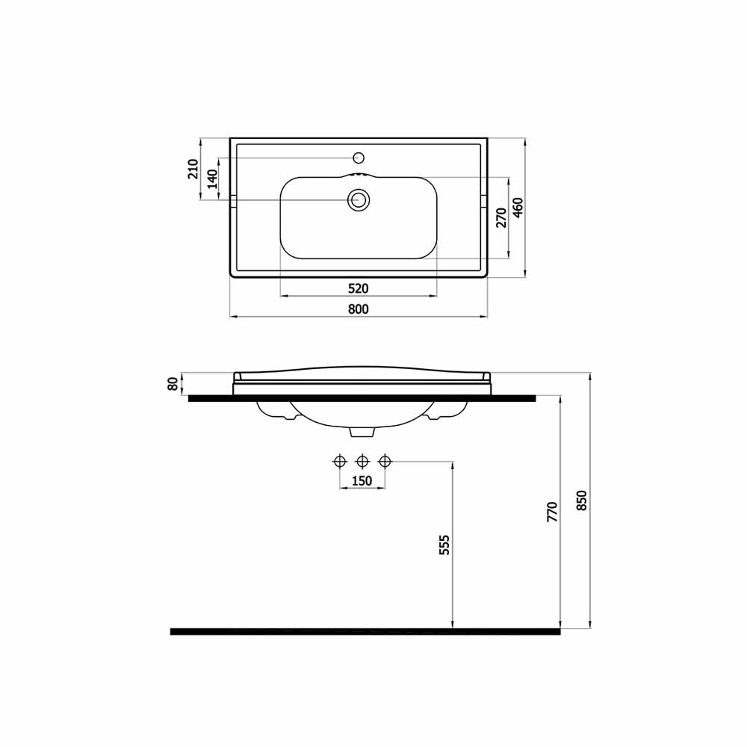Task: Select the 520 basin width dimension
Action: click(x=359, y=288)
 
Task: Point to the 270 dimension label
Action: click(x=501, y=217)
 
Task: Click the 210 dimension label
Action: click(x=193, y=169)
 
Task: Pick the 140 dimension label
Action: click(x=211, y=179)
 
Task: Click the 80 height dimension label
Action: click(x=173, y=384)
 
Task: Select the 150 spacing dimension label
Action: click(x=362, y=480)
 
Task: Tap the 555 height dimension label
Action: click(x=444, y=545)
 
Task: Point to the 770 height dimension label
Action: click(x=552, y=512)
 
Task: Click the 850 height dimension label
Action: click(x=583, y=500)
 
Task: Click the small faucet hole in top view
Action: click(x=359, y=158)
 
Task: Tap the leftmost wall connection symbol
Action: click(x=340, y=461)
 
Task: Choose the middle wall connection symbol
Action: click(x=362, y=461)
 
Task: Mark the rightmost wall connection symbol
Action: click(x=385, y=461)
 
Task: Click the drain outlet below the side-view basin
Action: click(x=362, y=431)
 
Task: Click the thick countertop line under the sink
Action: click(x=362, y=398)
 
